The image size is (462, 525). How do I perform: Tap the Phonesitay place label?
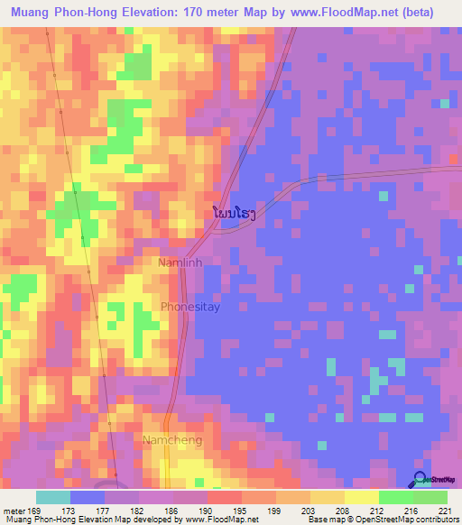pos(190,308)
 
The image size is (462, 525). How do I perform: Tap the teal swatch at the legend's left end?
pos(53,497)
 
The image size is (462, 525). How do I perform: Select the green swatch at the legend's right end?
pos(430,497)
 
